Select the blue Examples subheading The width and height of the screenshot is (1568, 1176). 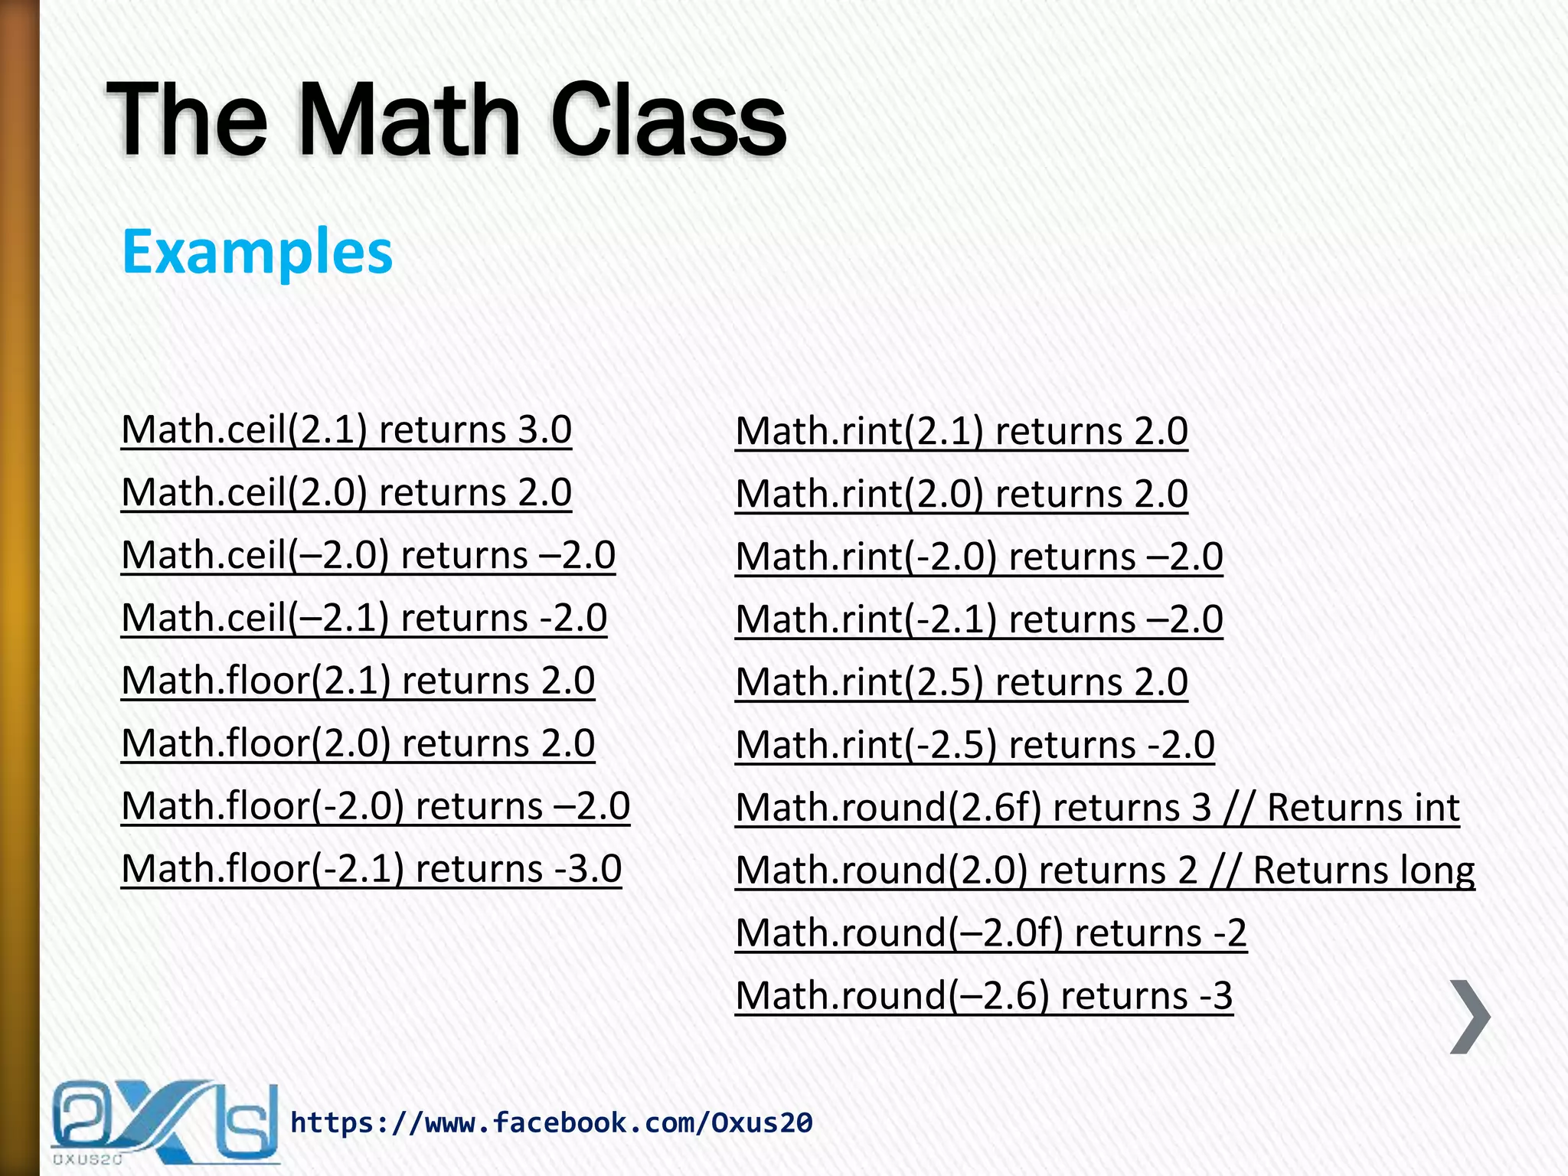point(257,252)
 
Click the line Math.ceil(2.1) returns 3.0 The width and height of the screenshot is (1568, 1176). point(346,430)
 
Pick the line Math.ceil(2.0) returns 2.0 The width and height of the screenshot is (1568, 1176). point(346,492)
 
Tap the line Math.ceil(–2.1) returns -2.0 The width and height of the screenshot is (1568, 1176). point(364,618)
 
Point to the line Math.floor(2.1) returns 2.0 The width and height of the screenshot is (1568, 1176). point(358,681)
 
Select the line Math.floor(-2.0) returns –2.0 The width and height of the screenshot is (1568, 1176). point(375,806)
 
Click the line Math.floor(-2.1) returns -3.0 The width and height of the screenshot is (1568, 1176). point(371,869)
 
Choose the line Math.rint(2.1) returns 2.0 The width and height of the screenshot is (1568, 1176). point(961,431)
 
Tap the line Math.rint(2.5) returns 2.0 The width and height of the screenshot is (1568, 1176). point(961,682)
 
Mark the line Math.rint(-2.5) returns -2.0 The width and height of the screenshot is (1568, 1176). point(975,745)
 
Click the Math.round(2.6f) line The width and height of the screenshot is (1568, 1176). point(972,808)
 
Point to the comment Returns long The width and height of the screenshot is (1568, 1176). point(1364,871)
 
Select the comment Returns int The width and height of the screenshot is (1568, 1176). point(1363,808)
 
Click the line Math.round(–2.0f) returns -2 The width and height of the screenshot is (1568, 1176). point(991,933)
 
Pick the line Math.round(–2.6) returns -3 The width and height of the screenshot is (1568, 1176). point(984,996)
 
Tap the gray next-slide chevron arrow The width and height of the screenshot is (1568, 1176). point(1469,1017)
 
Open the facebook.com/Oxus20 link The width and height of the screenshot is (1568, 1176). point(551,1123)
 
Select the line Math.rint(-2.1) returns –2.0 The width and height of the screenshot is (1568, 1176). point(978,619)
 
